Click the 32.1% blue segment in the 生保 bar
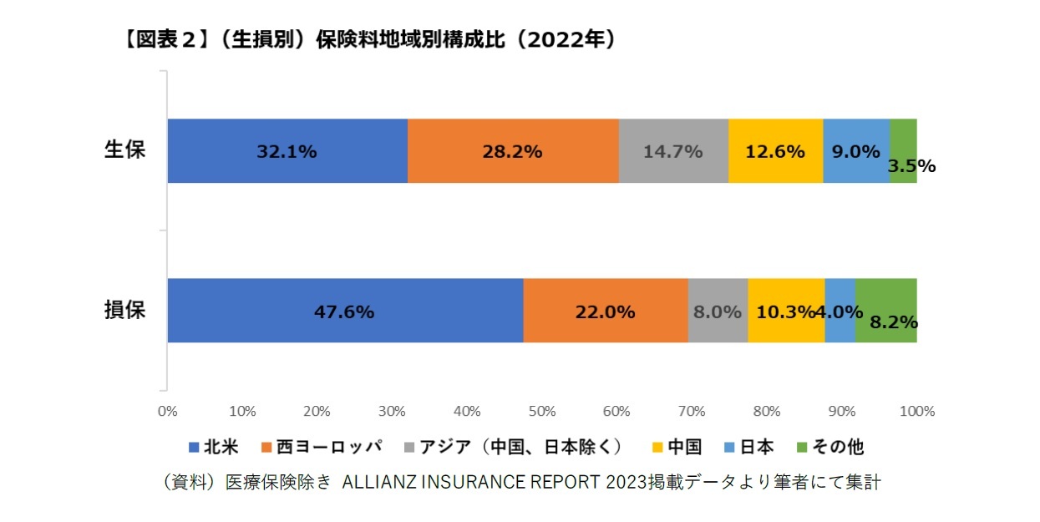287,151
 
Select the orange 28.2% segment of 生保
513,151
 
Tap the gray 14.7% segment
673,151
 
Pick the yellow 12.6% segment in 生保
775,151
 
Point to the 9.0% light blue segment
856,151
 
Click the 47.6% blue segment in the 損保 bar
345,311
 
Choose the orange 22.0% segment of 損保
606,311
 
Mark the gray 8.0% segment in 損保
718,311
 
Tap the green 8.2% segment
886,311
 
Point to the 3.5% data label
911,166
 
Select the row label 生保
124,150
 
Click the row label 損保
124,310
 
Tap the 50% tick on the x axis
542,411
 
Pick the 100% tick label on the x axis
917,411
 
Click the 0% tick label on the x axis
167,411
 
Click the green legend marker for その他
804,448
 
